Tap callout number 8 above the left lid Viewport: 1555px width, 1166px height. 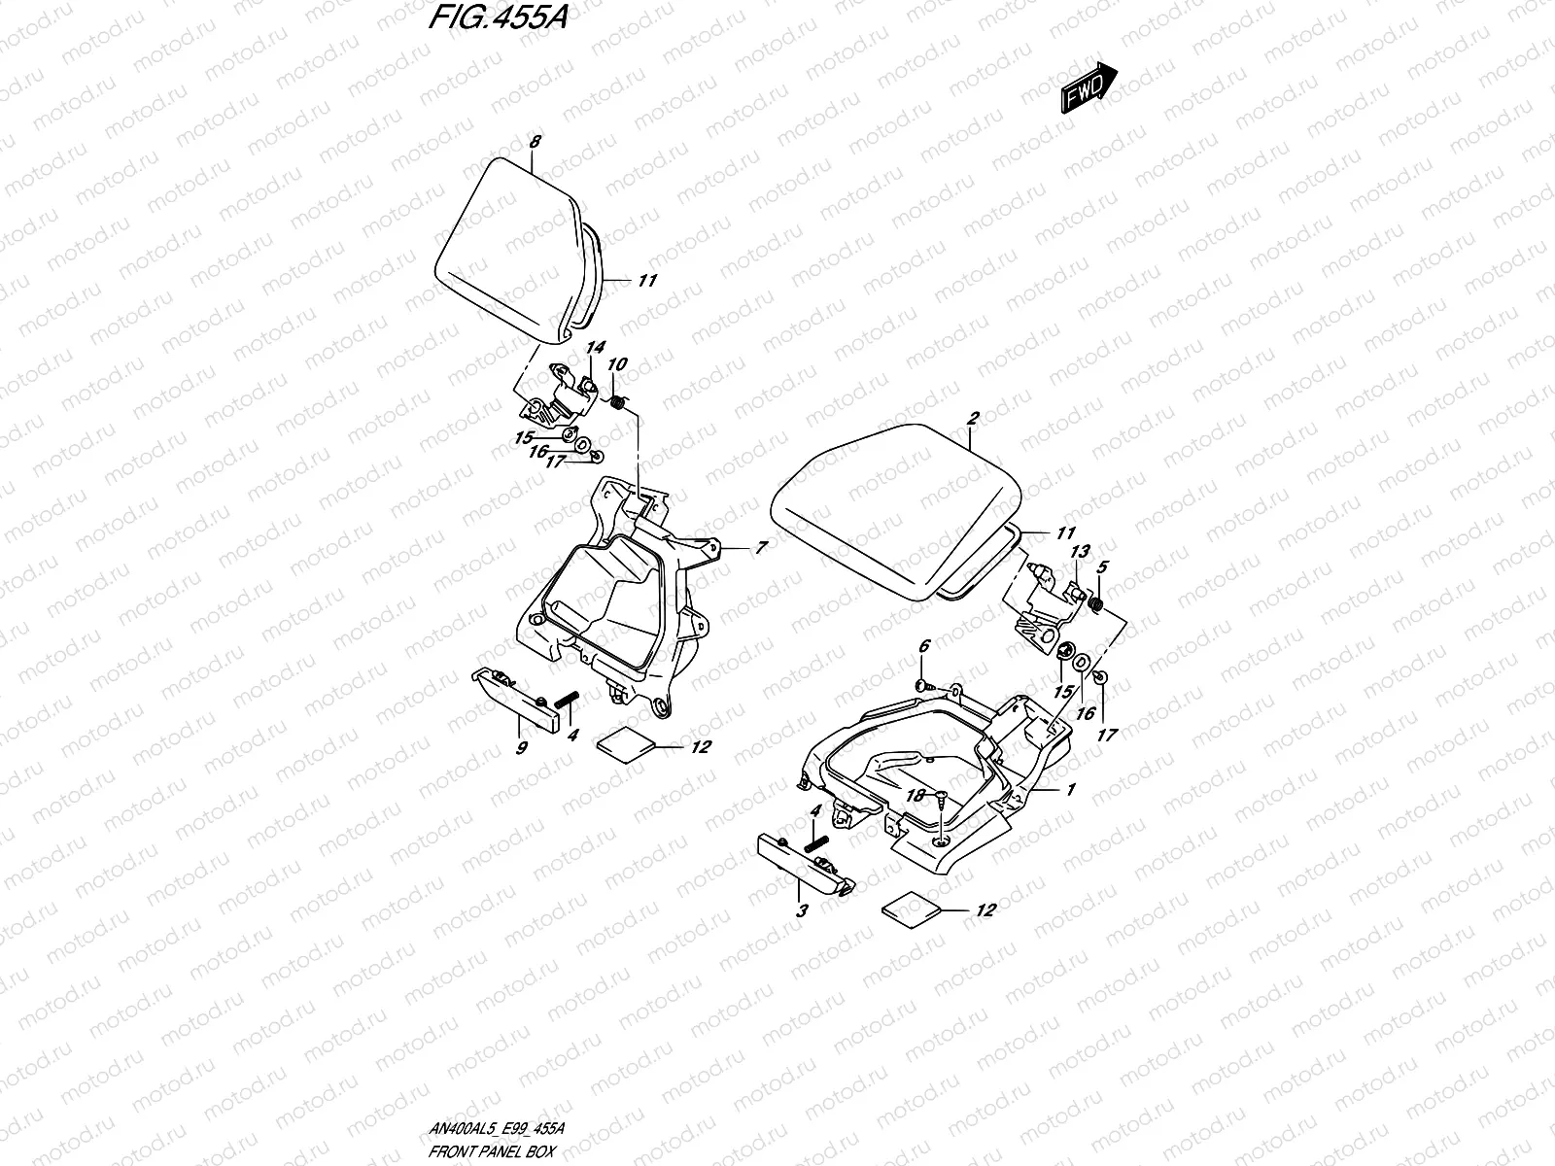click(x=534, y=142)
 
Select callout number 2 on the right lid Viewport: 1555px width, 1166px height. click(x=972, y=419)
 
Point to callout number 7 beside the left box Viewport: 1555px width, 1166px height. click(x=761, y=548)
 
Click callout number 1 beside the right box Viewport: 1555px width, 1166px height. click(x=1070, y=790)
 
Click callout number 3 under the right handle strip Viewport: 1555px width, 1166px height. click(x=803, y=910)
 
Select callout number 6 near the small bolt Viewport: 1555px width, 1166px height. click(x=923, y=645)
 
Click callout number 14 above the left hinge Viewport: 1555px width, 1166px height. click(x=595, y=347)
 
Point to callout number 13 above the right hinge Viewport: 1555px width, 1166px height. click(x=1080, y=552)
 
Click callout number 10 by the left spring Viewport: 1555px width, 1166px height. click(x=617, y=364)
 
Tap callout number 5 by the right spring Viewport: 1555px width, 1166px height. click(x=1102, y=566)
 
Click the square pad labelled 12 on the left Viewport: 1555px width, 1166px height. click(x=624, y=743)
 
